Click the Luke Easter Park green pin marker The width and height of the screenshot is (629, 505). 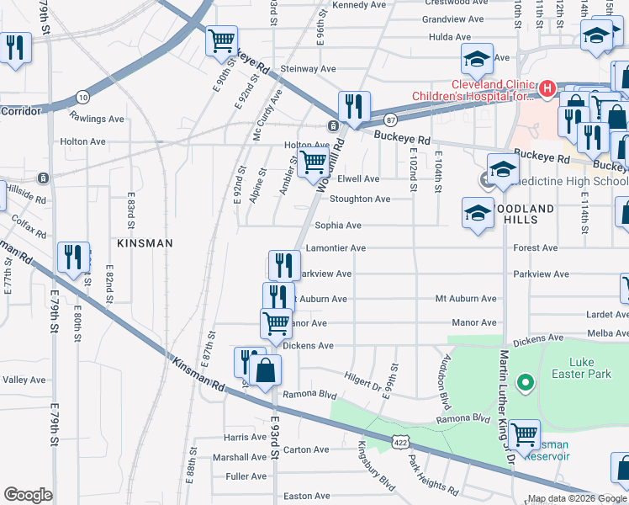526,383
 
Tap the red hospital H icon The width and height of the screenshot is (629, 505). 547,88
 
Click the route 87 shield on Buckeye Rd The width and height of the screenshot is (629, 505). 390,120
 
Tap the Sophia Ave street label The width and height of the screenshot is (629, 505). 338,226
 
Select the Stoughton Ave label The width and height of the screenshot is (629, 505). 360,199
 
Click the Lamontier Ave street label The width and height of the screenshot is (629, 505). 336,249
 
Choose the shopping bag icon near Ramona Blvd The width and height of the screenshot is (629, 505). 265,370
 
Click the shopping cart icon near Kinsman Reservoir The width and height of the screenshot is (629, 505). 525,434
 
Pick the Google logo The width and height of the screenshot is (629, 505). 28,495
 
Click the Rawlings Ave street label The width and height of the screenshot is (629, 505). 97,119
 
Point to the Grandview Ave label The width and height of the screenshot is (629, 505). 453,19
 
